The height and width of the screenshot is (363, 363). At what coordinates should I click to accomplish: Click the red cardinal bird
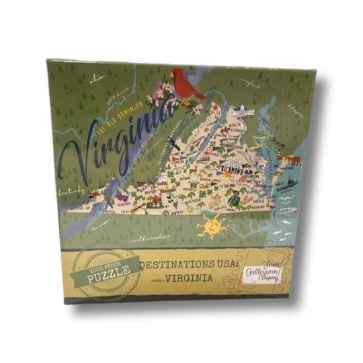[188, 85]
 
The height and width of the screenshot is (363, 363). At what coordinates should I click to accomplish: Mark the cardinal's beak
[175, 76]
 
